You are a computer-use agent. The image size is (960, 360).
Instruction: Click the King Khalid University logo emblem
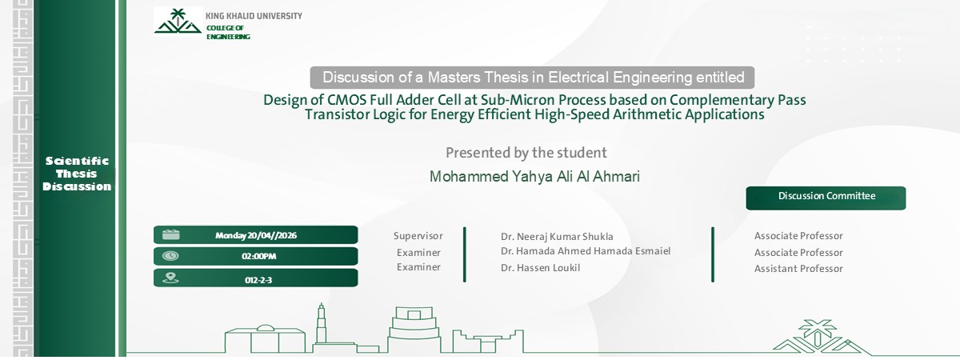click(178, 22)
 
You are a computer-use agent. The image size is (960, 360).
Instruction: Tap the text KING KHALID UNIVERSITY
click(254, 16)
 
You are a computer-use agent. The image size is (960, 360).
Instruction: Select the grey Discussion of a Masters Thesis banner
click(533, 78)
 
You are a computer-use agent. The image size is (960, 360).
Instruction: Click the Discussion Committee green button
click(826, 197)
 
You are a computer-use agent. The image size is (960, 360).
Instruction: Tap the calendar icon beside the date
click(170, 235)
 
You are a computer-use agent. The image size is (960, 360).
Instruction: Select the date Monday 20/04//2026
click(257, 235)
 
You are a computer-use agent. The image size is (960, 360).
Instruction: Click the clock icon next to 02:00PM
click(170, 256)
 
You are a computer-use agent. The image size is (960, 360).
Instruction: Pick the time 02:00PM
click(258, 257)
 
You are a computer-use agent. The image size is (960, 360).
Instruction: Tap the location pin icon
click(170, 278)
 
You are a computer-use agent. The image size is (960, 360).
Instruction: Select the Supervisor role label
click(418, 236)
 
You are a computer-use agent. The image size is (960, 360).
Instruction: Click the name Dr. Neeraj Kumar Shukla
click(557, 237)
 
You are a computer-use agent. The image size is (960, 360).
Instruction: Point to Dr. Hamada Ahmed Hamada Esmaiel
click(585, 251)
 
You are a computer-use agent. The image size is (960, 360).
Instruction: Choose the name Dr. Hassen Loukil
click(540, 268)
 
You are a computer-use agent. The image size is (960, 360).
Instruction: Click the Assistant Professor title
click(798, 269)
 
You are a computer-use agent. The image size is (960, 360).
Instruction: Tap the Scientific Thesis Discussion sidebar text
click(77, 174)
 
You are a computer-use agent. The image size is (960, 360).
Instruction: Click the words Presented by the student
click(526, 153)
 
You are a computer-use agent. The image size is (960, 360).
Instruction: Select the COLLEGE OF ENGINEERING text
click(228, 32)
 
